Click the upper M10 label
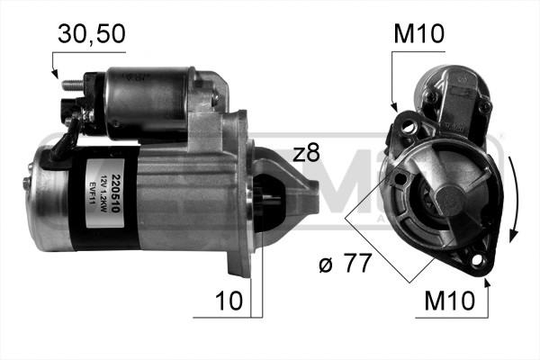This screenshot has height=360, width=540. (x=419, y=34)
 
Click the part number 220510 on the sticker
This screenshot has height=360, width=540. (x=104, y=189)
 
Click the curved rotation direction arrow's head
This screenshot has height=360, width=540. (x=514, y=236)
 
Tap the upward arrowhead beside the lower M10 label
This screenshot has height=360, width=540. (x=487, y=283)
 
